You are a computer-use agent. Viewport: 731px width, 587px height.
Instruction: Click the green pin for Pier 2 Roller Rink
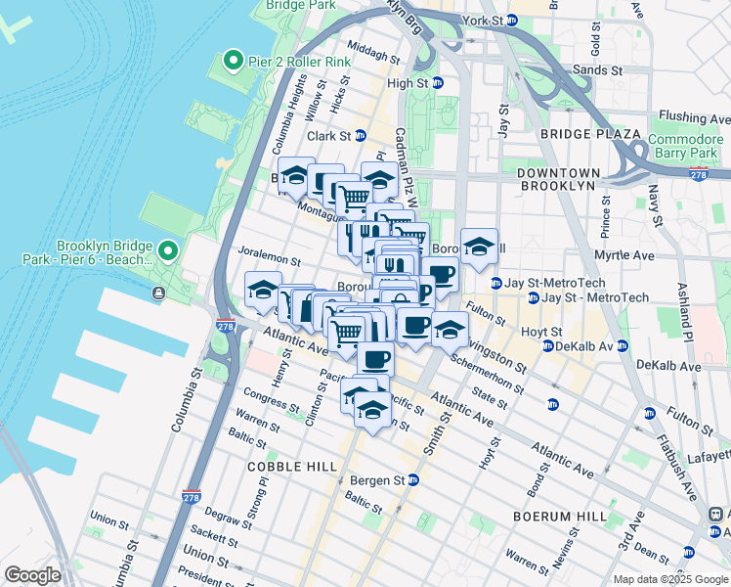(x=233, y=62)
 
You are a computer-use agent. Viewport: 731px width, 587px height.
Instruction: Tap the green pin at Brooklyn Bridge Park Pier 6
(x=167, y=252)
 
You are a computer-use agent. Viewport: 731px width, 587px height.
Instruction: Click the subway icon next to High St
(x=438, y=83)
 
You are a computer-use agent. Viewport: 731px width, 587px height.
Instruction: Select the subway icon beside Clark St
(x=360, y=136)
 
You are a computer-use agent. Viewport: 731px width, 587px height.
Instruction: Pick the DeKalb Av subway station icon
(x=549, y=346)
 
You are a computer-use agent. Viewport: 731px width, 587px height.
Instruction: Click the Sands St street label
(x=596, y=70)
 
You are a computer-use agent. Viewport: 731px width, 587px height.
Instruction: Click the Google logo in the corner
(x=33, y=575)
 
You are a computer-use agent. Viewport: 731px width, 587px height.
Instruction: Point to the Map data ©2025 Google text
(x=669, y=579)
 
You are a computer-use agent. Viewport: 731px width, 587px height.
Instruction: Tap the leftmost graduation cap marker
(x=263, y=291)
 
